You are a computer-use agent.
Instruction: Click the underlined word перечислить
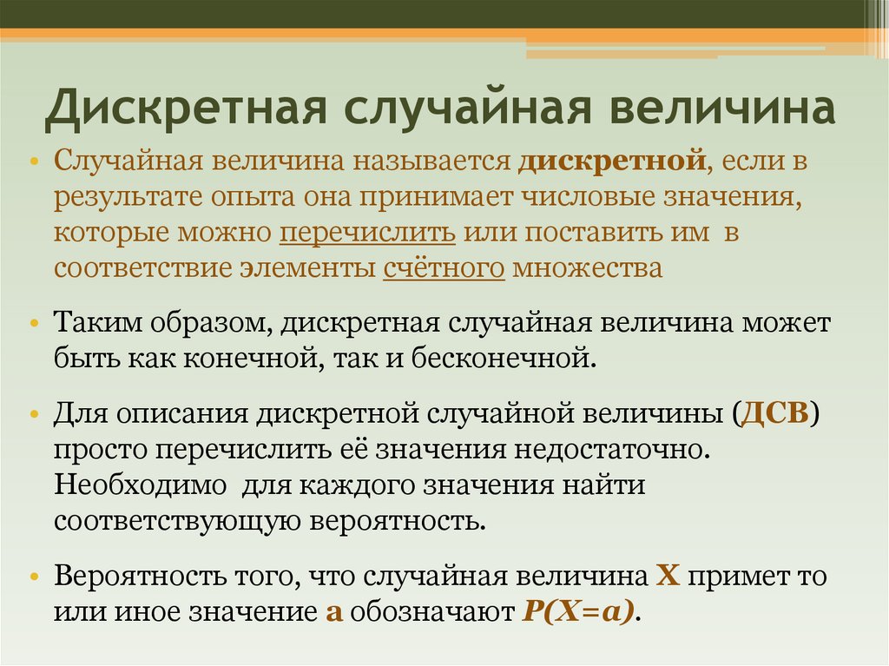[368, 233]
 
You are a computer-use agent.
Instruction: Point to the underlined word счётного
[444, 268]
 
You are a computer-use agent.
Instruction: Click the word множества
[587, 268]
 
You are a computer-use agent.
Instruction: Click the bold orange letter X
[665, 576]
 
